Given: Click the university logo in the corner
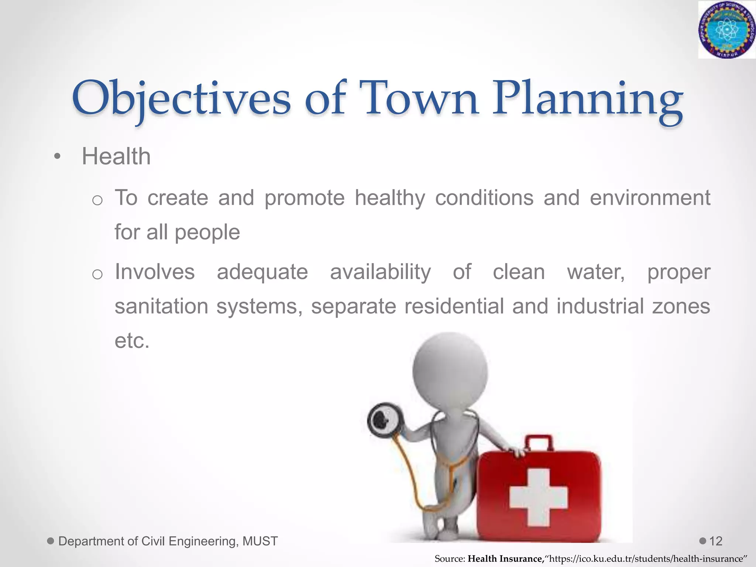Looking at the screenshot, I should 726,30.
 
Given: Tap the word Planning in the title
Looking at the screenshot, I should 587,100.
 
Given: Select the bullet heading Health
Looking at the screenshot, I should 116,157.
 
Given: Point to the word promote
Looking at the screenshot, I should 305,198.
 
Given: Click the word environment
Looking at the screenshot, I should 650,198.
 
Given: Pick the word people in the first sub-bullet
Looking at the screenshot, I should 207,233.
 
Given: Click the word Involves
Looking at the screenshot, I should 155,272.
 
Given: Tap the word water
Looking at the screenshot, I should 595,272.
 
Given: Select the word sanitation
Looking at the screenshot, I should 161,306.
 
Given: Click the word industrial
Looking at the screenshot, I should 600,306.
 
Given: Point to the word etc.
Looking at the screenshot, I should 132,341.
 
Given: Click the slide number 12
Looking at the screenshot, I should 716,542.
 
